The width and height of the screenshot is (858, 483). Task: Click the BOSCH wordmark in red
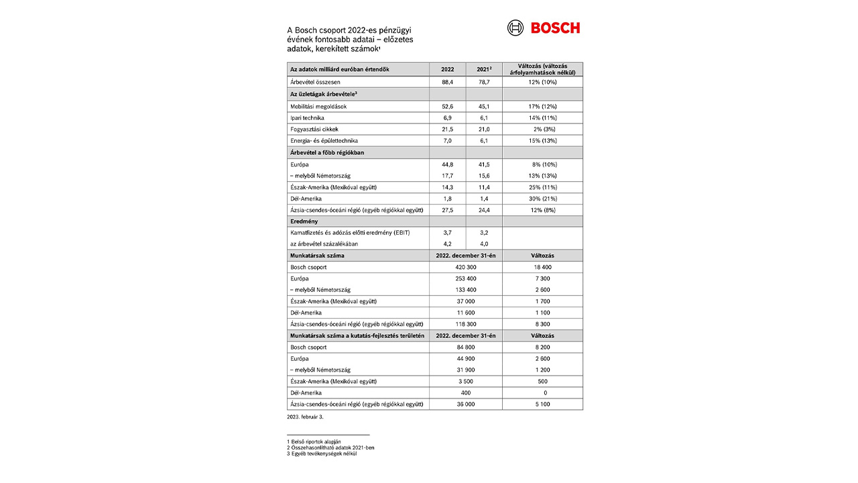pos(555,28)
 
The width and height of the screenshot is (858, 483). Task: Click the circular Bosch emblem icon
pos(515,28)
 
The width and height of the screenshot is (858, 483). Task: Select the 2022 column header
pos(447,69)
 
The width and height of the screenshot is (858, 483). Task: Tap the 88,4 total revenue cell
pos(447,82)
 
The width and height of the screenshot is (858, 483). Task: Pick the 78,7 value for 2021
pos(483,82)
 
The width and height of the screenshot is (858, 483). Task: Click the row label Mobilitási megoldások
pos(318,106)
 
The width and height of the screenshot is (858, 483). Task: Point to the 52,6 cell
pos(447,106)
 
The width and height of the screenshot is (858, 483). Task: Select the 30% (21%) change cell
pos(542,199)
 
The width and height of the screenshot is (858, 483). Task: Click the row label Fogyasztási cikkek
pos(314,129)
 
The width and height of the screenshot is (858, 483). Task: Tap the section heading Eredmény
pos(304,221)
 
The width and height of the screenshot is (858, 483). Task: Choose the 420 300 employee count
pos(465,267)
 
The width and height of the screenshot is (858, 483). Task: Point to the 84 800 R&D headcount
pos(465,347)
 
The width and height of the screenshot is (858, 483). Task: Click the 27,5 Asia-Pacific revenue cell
pos(447,210)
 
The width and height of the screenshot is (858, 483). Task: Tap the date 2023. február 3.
pos(305,417)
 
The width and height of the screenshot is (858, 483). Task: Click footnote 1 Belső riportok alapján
pos(314,441)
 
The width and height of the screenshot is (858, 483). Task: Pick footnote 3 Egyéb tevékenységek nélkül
pos(321,453)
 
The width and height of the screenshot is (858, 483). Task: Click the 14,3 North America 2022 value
pos(447,187)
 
